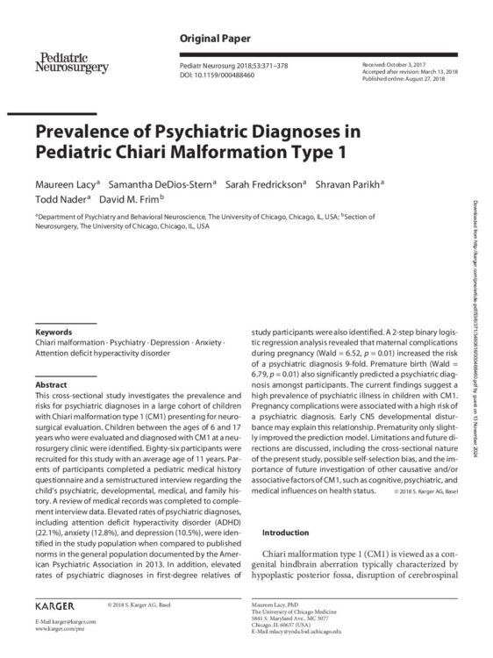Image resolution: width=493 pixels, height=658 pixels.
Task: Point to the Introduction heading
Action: (x=287, y=533)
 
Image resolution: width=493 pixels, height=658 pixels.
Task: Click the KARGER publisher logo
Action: (x=54, y=606)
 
